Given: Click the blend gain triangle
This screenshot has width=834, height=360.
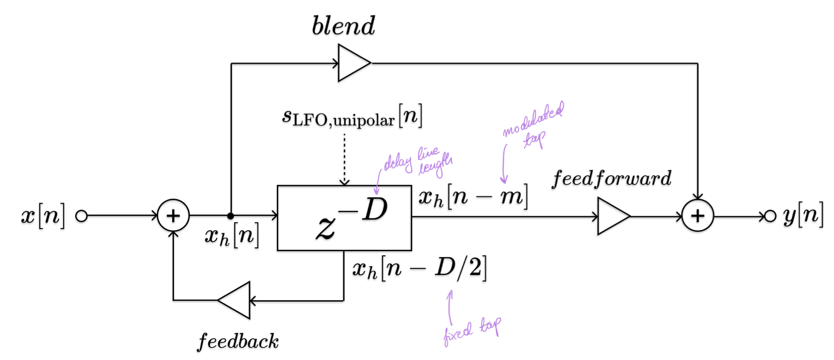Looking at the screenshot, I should click(x=352, y=63).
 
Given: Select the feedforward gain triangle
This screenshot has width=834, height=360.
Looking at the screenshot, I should click(x=612, y=216).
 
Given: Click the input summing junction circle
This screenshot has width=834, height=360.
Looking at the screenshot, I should click(x=173, y=216).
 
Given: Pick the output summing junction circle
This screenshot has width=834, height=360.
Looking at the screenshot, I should click(x=697, y=216).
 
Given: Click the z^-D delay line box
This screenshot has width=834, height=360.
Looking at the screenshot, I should click(x=344, y=218).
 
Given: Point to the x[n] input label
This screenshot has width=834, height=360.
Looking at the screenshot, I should click(x=43, y=216).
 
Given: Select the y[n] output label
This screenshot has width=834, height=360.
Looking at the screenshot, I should click(x=803, y=216).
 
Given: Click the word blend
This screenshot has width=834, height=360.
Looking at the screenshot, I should click(x=344, y=26).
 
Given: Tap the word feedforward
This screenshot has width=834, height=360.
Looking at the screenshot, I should click(x=612, y=178).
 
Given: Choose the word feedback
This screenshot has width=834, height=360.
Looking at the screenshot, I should click(x=238, y=341).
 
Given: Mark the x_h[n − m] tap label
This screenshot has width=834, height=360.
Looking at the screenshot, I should click(x=473, y=197).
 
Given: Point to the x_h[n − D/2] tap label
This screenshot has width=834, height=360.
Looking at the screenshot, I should click(x=419, y=269).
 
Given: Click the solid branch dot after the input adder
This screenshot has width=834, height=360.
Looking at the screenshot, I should click(x=230, y=216).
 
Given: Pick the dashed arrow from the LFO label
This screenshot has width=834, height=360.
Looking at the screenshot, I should click(x=344, y=158).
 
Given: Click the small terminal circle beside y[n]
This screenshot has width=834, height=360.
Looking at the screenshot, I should click(x=770, y=216).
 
